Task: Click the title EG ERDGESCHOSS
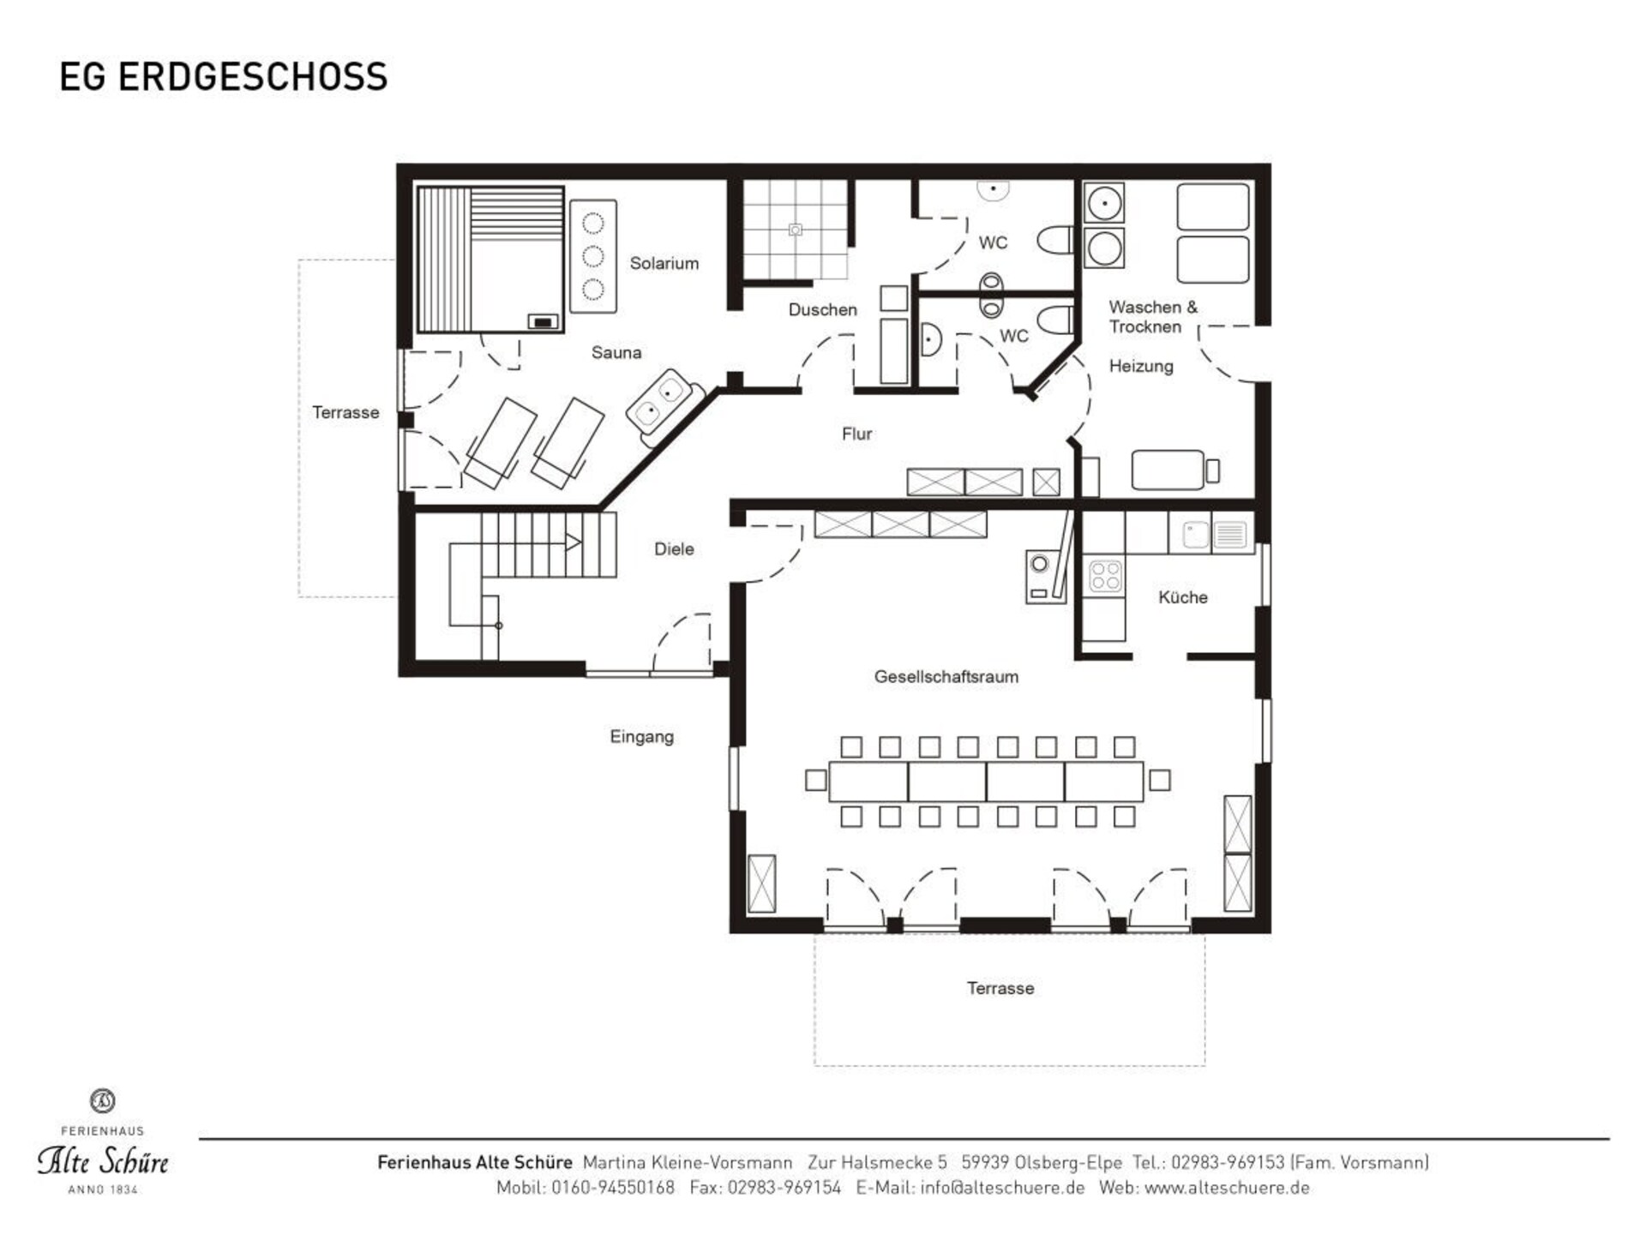point(224,76)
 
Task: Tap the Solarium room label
point(664,263)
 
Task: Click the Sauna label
point(616,352)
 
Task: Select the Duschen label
point(823,309)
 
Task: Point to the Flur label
point(857,434)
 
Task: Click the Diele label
point(674,549)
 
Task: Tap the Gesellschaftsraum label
point(946,676)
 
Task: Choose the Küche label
point(1183,597)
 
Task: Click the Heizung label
point(1141,367)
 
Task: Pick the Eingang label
point(642,737)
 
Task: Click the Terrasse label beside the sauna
point(345,412)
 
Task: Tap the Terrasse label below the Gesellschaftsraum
point(1000,988)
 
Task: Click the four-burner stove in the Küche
point(1105,576)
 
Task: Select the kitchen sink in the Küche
point(1211,535)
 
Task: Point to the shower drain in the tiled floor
point(796,230)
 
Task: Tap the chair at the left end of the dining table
point(816,780)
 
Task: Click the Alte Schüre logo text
point(103,1161)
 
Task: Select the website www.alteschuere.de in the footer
point(1227,1188)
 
